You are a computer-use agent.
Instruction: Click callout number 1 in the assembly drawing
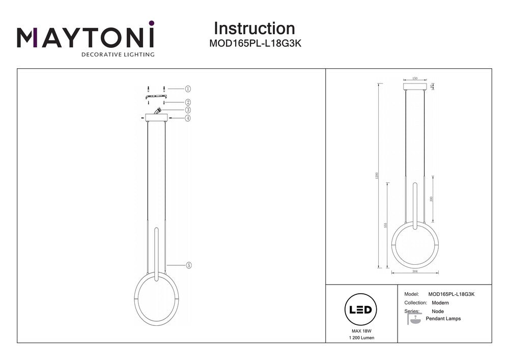pos(188,88)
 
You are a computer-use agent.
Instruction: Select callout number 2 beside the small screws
pos(188,102)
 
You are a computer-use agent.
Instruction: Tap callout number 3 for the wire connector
pos(188,109)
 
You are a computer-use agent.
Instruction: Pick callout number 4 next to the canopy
pos(188,118)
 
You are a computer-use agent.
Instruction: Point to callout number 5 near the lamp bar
pos(188,265)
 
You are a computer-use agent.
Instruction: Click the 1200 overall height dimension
pos(377,175)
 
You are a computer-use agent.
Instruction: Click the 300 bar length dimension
pos(432,199)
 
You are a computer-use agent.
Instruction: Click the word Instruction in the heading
pos(254,29)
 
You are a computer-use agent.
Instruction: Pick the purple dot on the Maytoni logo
pos(151,23)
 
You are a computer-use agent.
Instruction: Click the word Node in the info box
pos(437,311)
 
